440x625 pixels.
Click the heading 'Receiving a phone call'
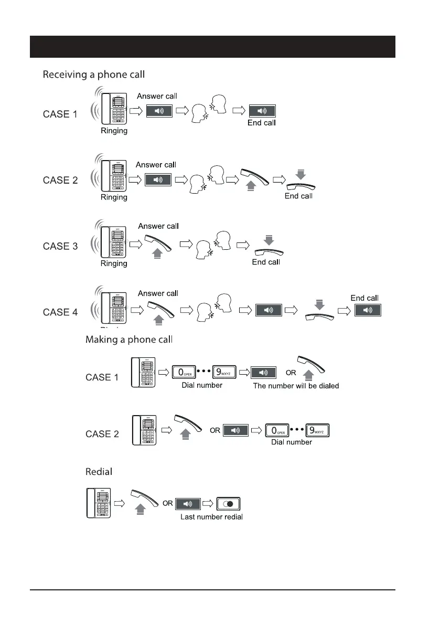[x=93, y=75]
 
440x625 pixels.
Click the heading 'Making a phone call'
[x=128, y=340]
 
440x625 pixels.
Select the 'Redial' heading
[x=99, y=472]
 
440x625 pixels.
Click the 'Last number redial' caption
[x=211, y=517]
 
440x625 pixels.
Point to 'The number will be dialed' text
[x=296, y=386]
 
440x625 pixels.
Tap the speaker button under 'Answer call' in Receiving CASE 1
[x=158, y=111]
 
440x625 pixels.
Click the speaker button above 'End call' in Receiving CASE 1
[x=262, y=111]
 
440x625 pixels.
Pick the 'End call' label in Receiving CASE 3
[x=266, y=262]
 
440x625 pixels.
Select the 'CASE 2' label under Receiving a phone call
[x=60, y=180]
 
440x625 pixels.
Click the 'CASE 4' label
[x=60, y=312]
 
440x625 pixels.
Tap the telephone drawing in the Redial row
[x=99, y=503]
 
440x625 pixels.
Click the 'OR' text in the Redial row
[x=167, y=503]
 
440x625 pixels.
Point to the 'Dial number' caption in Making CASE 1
[x=202, y=386]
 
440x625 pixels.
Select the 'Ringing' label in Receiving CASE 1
[x=114, y=131]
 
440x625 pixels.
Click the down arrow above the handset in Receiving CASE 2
[x=300, y=174]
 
